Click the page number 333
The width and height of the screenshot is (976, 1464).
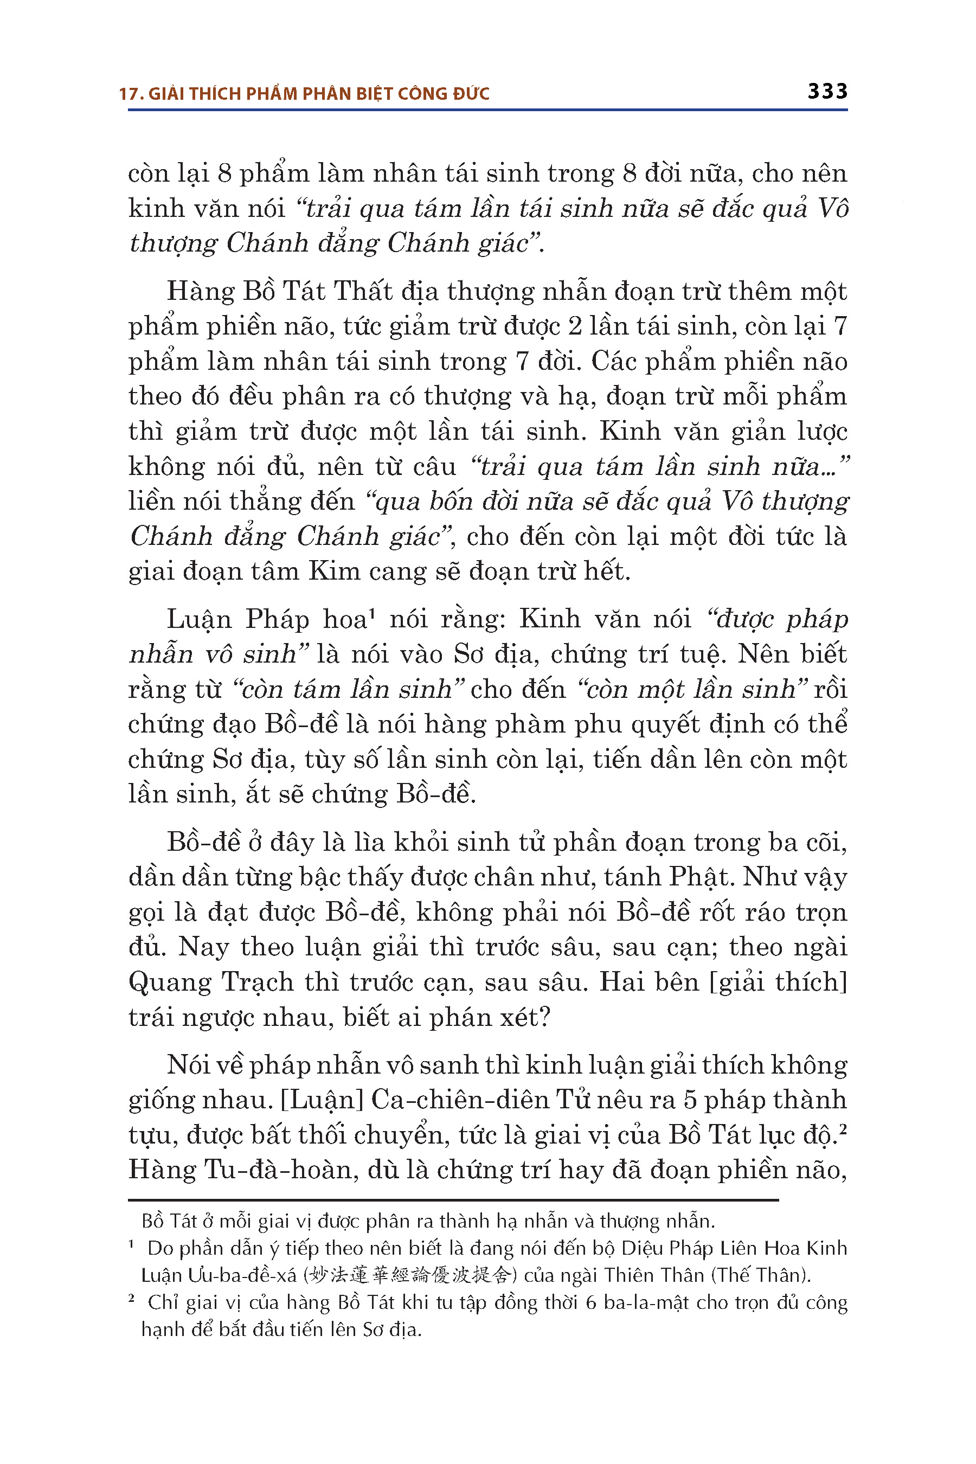[827, 92]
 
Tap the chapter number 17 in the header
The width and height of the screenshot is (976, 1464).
[127, 94]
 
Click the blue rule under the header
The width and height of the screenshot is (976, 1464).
[487, 111]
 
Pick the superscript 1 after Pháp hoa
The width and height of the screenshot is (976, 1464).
[371, 613]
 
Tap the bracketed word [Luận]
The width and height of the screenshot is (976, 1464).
[322, 1100]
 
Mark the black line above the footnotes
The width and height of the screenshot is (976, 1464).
[453, 1199]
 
